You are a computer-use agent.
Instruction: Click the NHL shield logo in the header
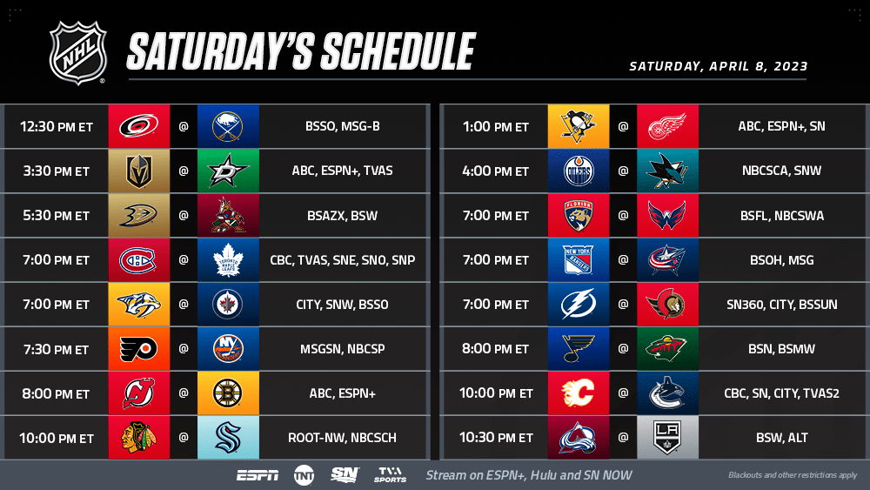(77, 53)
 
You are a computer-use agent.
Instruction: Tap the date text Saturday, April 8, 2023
(718, 67)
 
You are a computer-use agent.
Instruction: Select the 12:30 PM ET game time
(57, 126)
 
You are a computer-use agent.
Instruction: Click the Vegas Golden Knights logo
(138, 171)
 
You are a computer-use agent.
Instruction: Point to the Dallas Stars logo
(228, 171)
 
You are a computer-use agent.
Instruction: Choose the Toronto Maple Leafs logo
(228, 260)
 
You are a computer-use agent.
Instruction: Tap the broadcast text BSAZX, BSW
(342, 215)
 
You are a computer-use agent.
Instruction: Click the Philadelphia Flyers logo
(138, 349)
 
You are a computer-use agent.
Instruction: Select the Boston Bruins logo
(228, 393)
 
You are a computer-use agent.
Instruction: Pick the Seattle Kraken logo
(228, 438)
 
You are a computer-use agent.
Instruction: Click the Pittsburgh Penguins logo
(579, 126)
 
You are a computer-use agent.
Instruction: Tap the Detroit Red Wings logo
(667, 126)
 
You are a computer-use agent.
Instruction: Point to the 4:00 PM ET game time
(496, 171)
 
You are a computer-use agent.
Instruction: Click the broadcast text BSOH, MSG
(782, 259)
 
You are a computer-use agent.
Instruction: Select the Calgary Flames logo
(579, 393)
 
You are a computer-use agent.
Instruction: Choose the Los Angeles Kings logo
(667, 438)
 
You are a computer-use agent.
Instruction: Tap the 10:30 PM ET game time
(496, 438)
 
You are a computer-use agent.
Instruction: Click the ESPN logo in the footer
(258, 475)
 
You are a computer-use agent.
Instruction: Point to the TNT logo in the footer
(304, 475)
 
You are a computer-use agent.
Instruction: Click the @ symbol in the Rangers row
(623, 259)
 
